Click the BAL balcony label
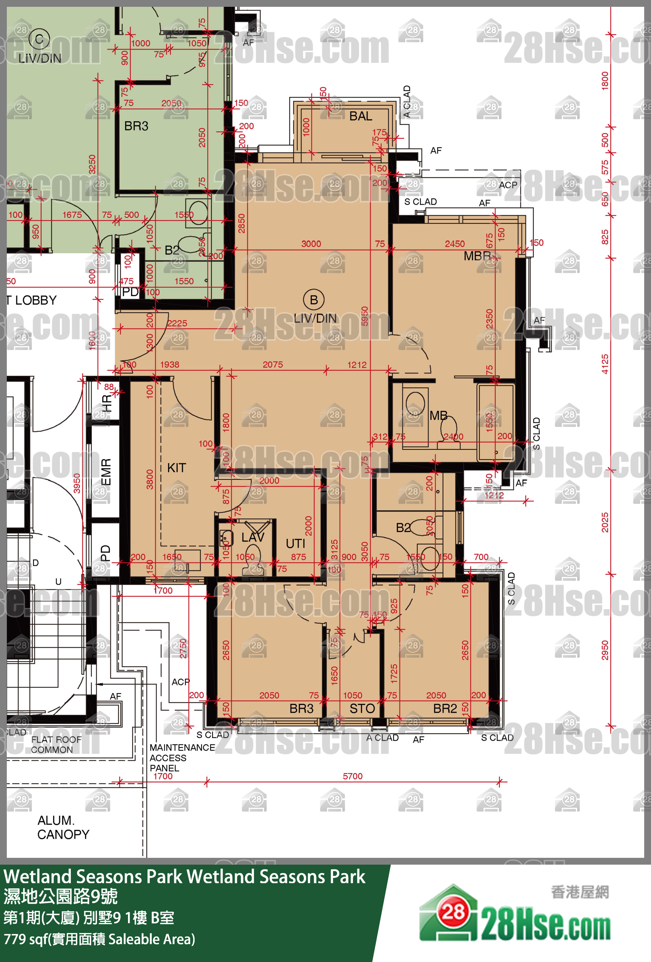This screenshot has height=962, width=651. click(x=360, y=116)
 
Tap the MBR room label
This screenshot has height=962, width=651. click(x=477, y=256)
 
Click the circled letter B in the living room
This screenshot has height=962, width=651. click(x=314, y=300)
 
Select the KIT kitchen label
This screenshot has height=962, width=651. click(x=176, y=468)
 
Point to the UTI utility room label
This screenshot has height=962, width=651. click(x=295, y=544)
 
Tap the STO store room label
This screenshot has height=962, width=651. click(x=362, y=709)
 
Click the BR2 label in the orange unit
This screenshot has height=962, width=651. click(x=445, y=709)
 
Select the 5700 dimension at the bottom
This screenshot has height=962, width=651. click(x=353, y=776)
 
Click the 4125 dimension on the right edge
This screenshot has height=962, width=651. click(x=605, y=364)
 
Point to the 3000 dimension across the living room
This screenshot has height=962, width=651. click(x=311, y=244)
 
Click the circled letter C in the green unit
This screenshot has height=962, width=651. click(x=39, y=40)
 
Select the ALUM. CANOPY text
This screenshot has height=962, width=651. click(x=63, y=828)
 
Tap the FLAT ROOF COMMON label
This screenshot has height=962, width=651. click(x=56, y=745)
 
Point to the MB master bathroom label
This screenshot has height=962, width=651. click(x=438, y=415)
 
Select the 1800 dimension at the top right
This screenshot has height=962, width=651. click(x=605, y=80)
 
